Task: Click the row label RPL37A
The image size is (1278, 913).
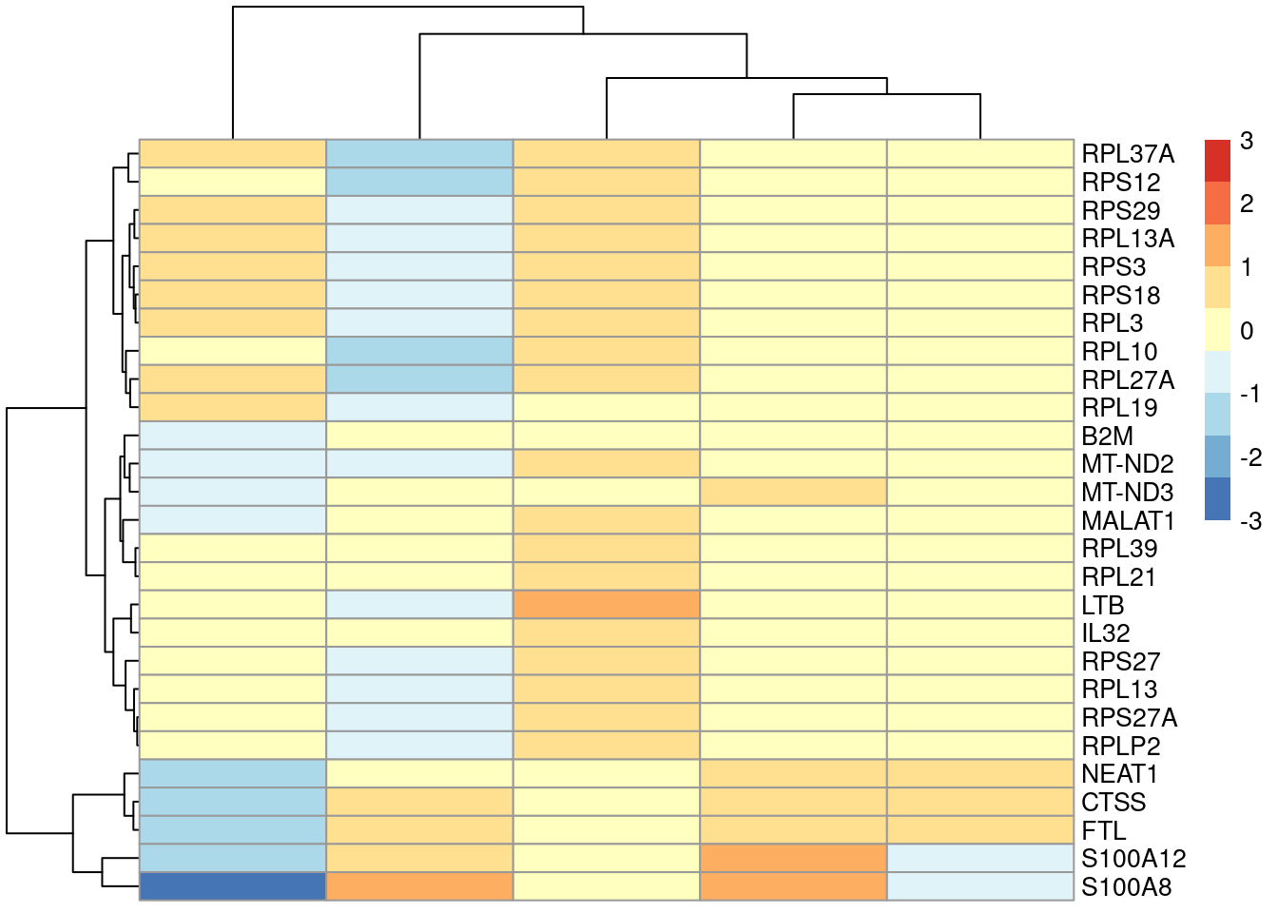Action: pos(1128,154)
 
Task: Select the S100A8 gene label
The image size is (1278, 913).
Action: pos(1126,887)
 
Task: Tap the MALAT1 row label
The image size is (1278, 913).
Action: pos(1128,521)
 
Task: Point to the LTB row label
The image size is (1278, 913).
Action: pos(1103,606)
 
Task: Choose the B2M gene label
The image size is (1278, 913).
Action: pos(1108,437)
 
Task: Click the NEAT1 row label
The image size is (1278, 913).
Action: pos(1119,774)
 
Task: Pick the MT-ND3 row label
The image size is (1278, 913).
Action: pos(1128,493)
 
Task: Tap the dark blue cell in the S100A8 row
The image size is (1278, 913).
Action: pos(233,886)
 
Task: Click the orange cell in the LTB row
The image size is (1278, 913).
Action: pos(607,605)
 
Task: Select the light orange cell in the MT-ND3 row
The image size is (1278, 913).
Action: pos(793,492)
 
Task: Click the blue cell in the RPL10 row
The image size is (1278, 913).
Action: pos(419,351)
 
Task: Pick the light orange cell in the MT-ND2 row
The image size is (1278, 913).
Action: pos(607,464)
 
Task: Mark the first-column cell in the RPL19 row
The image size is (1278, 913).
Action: pos(233,407)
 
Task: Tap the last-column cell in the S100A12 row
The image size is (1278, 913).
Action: pos(980,859)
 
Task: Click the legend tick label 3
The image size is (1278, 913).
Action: pos(1247,141)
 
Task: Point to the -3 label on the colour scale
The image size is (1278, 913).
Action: pos(1250,521)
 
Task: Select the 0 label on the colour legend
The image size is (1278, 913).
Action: pos(1247,331)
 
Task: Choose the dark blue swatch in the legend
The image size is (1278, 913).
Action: pos(1217,499)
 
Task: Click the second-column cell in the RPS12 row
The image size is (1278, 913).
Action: pos(419,182)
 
